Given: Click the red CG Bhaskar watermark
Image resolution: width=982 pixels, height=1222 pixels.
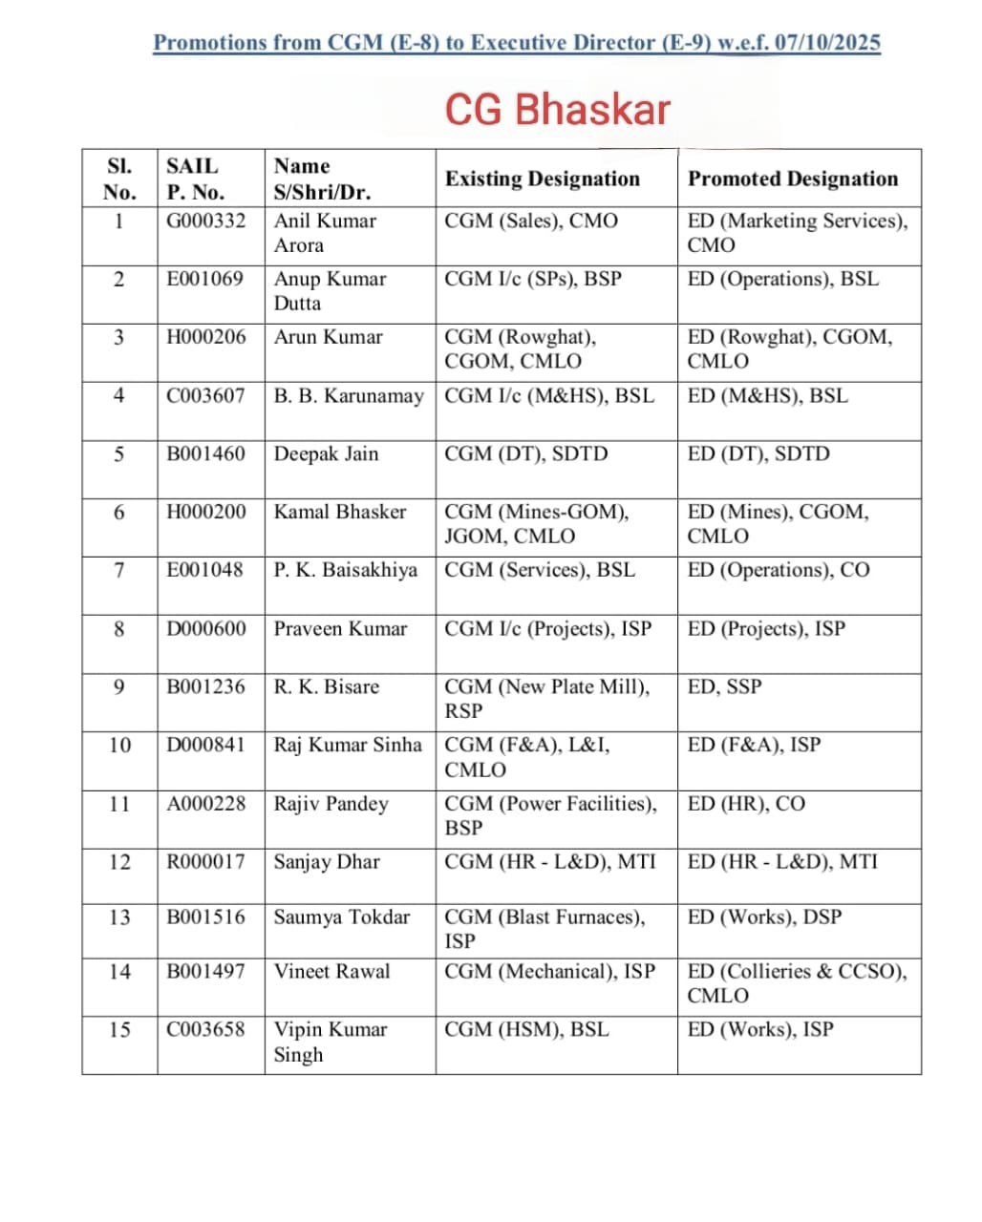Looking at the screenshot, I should click(x=558, y=110).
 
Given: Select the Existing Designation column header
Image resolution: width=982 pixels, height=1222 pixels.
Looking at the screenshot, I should click(x=542, y=179).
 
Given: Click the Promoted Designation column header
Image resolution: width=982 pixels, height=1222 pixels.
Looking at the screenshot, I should click(x=793, y=179).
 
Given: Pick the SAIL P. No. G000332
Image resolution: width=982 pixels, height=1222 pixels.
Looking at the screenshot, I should click(x=205, y=221).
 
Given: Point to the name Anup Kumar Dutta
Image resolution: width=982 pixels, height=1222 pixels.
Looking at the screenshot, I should click(x=330, y=290).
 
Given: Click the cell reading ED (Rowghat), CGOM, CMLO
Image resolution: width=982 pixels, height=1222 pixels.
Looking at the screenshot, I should click(x=790, y=348).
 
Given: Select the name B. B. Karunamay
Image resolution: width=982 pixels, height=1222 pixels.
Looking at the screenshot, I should click(x=348, y=395).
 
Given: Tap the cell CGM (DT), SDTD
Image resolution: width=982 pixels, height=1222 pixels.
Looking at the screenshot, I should click(x=525, y=453).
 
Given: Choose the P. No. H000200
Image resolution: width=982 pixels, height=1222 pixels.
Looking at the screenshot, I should click(x=205, y=512).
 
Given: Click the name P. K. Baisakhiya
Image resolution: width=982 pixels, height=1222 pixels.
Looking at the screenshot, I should click(x=345, y=570).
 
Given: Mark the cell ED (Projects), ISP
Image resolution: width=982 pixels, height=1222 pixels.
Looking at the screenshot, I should click(x=766, y=628).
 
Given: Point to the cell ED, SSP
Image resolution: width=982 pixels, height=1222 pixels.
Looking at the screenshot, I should click(x=725, y=686).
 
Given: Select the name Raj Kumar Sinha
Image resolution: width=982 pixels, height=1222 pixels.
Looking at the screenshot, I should click(x=347, y=745).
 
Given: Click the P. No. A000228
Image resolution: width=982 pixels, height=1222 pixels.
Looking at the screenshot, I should click(x=205, y=804).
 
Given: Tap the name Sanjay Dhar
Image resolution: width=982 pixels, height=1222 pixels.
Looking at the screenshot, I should click(x=327, y=862).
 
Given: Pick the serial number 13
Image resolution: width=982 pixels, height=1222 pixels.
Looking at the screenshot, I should click(x=119, y=917).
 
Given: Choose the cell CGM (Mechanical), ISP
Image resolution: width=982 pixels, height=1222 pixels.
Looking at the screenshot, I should click(x=549, y=972).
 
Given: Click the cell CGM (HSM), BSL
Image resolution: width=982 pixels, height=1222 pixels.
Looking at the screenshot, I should click(x=526, y=1030).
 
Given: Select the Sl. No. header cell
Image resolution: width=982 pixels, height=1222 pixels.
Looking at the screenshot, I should click(x=119, y=179).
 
